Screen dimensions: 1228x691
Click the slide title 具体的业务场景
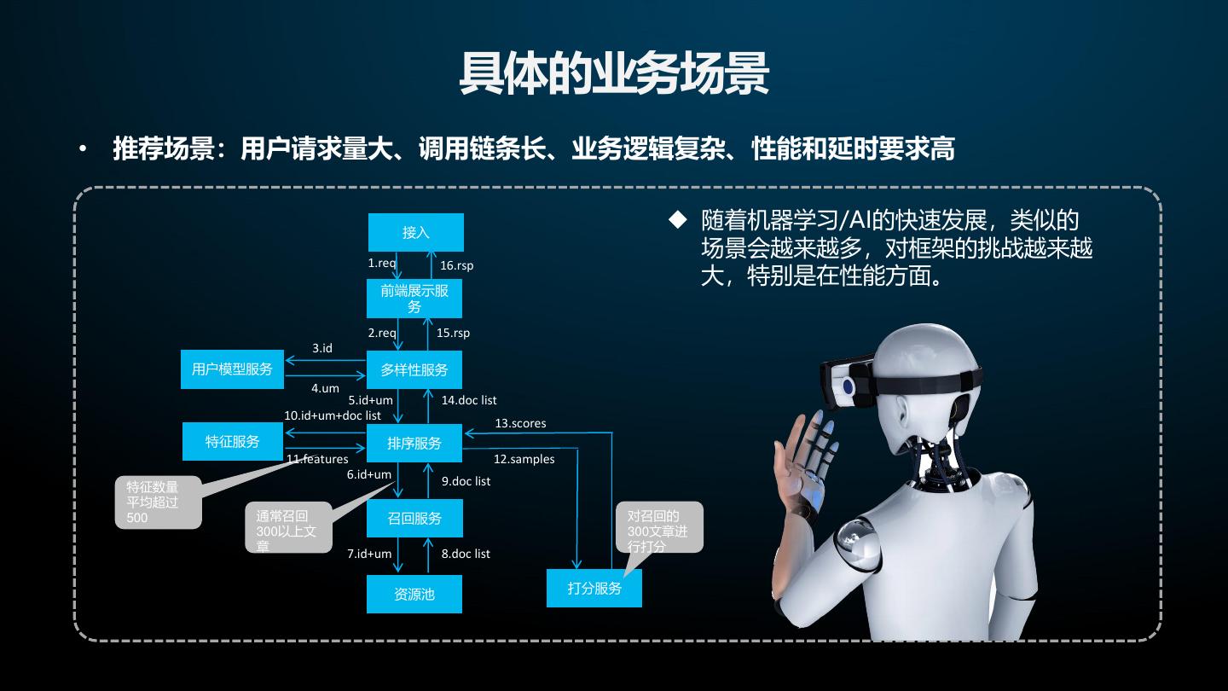[x=614, y=74]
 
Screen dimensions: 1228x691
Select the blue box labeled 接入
[x=416, y=232]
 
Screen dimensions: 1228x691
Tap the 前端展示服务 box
[x=414, y=298]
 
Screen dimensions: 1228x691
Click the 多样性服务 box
[x=414, y=370]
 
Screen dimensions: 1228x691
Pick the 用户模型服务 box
[x=232, y=369]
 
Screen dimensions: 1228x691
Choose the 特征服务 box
[x=233, y=441]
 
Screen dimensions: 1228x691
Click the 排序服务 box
[x=414, y=443]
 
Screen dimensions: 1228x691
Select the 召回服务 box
[x=414, y=518]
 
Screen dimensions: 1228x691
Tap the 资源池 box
[x=414, y=594]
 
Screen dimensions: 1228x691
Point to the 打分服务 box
[x=594, y=588]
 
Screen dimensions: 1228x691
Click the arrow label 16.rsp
[x=456, y=265]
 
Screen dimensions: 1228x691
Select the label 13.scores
[x=520, y=423]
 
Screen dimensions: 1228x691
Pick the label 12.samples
[x=524, y=459]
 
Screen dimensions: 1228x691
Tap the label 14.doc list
[x=468, y=399]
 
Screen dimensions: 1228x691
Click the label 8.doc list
[x=466, y=554]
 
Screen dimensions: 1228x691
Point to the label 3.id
[x=321, y=348]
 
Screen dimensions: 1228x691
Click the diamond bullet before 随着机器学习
[x=677, y=219]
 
